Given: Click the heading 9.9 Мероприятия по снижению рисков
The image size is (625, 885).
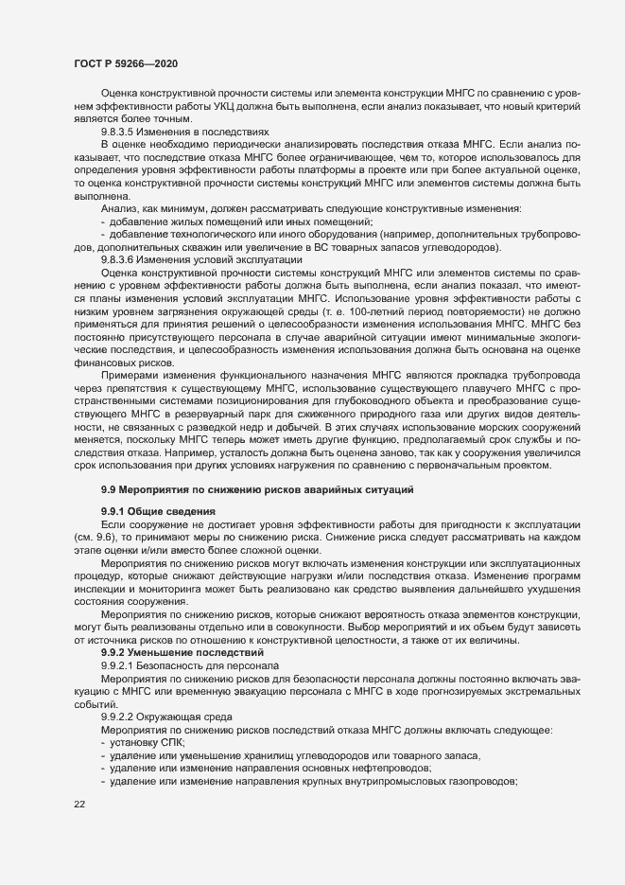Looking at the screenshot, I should tap(253, 488).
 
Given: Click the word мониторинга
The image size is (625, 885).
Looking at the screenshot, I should tap(167, 591).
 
